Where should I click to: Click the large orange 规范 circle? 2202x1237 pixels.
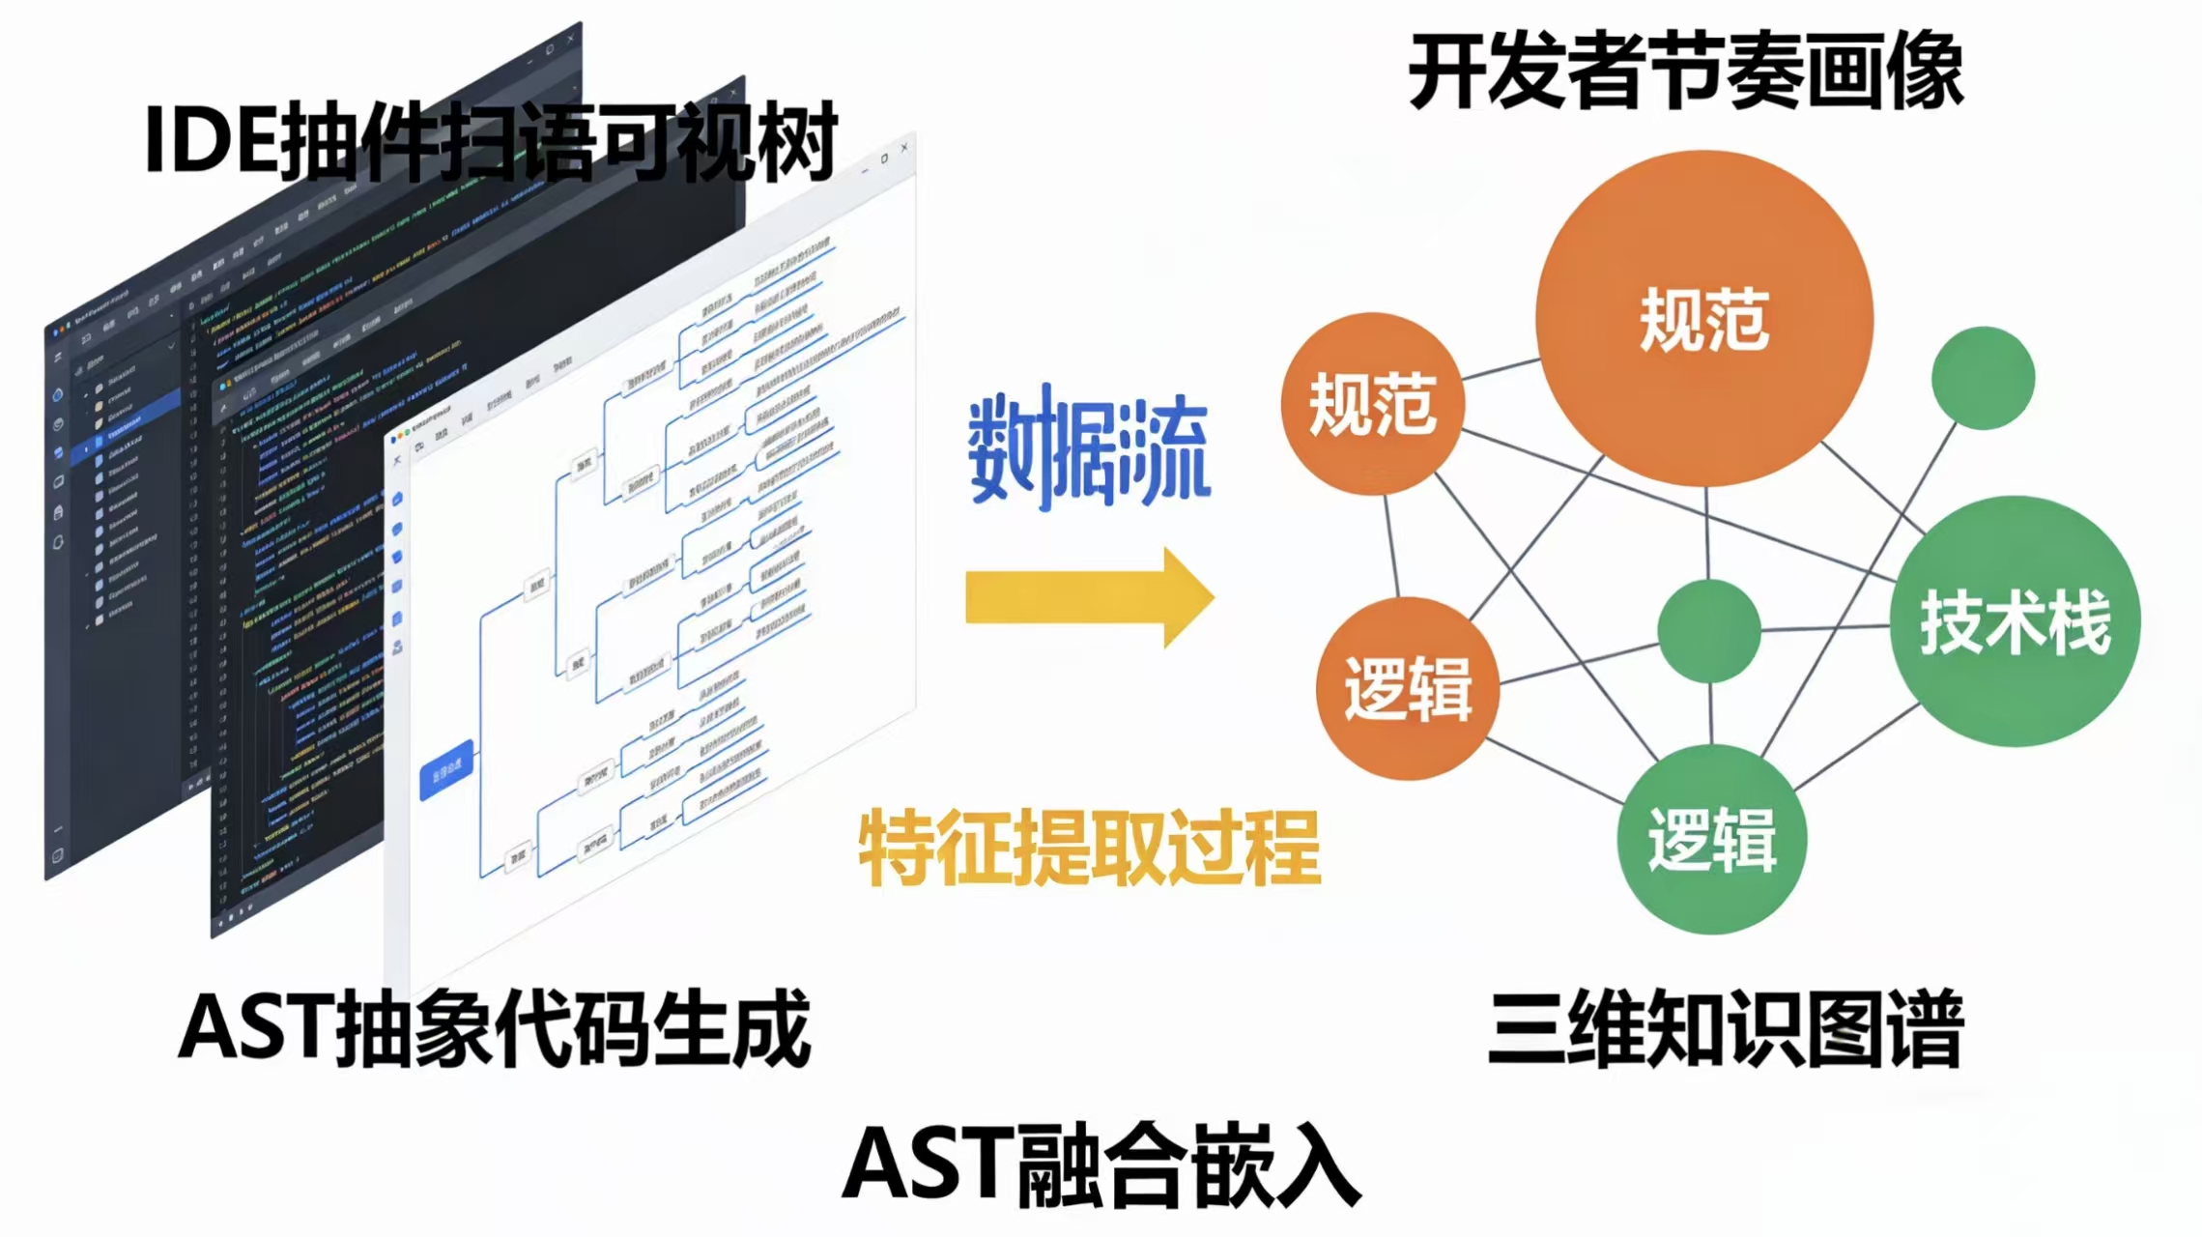tap(1703, 318)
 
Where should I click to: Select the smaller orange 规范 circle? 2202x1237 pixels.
tap(1372, 404)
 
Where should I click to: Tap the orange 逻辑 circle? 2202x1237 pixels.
tap(1407, 688)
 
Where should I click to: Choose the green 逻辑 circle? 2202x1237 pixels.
tap(1711, 839)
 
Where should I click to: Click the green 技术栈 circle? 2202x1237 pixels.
tap(2015, 621)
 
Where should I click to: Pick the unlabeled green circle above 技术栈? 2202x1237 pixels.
tap(1983, 378)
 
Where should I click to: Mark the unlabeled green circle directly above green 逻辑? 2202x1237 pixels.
tap(1708, 630)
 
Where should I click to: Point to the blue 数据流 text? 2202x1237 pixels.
tap(1089, 450)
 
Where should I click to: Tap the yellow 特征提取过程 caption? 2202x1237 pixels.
tap(1089, 849)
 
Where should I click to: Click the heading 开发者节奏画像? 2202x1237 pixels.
tap(1686, 72)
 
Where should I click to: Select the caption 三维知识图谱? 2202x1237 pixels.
tap(1726, 1028)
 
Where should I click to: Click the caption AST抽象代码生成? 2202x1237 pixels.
tap(495, 1028)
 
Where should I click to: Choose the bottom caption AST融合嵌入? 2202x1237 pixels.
tap(1101, 1165)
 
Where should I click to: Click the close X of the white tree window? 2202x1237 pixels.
tap(904, 148)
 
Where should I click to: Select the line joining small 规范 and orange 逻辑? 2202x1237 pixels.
tap(1391, 546)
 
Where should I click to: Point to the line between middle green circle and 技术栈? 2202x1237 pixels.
tap(1824, 628)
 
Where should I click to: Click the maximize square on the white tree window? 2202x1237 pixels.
tap(884, 158)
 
